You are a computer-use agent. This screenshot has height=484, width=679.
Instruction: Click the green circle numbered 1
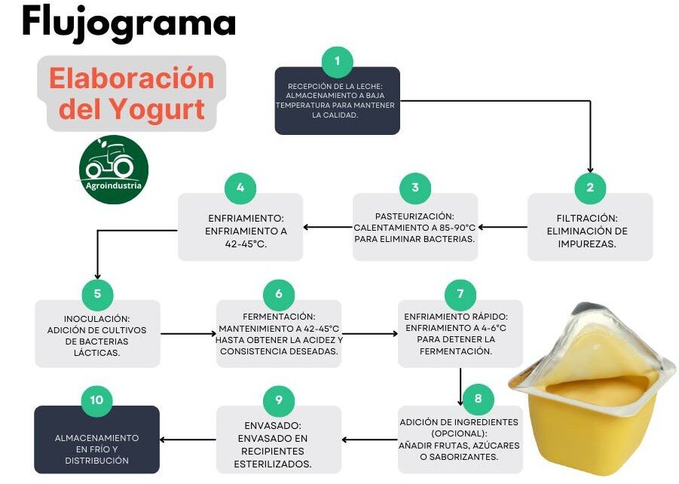(338, 62)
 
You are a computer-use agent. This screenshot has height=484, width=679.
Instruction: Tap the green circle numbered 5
(97, 294)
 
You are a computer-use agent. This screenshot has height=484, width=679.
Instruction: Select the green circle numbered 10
(96, 400)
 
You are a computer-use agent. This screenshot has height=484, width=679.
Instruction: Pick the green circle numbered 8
(478, 399)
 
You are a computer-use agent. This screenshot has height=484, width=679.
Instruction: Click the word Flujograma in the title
(129, 23)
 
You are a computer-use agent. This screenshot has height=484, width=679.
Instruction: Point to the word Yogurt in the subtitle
(156, 109)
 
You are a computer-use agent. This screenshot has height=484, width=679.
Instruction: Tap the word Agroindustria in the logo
(114, 186)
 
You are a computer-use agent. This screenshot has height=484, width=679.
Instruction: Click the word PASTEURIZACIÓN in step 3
(414, 216)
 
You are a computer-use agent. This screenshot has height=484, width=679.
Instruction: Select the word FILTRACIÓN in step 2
(587, 219)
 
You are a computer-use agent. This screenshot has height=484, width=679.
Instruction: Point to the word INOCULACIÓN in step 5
(97, 319)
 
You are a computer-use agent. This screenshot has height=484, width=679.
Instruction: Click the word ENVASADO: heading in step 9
(273, 426)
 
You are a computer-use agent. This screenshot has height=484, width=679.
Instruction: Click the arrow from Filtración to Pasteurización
(503, 227)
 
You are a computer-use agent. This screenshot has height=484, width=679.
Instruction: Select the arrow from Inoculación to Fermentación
(188, 334)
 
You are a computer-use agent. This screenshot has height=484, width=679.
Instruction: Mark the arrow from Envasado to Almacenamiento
(188, 440)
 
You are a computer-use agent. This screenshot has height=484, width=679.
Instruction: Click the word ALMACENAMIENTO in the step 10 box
(96, 438)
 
